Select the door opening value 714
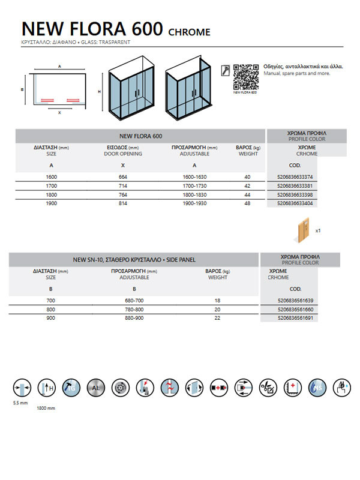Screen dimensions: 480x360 click(123, 186)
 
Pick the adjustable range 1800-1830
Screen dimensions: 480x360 click(194, 195)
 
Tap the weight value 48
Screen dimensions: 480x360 click(247, 204)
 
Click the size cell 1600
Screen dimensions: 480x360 click(52, 177)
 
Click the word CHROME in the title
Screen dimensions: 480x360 click(189, 32)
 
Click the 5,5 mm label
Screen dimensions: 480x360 click(20, 403)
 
